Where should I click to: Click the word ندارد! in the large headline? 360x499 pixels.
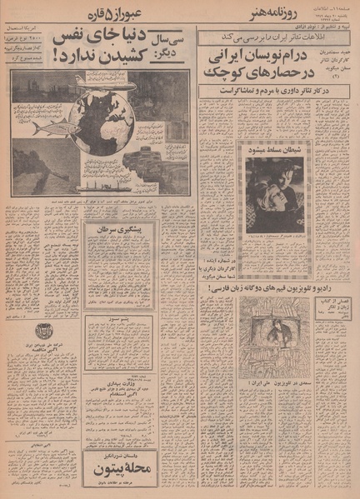(70, 56)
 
